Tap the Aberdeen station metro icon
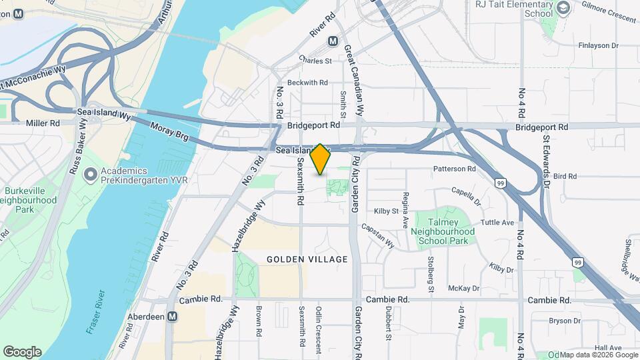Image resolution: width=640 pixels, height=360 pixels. (173, 316)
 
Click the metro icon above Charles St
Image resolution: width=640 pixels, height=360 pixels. (333, 42)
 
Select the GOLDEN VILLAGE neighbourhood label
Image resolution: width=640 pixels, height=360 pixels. (307, 259)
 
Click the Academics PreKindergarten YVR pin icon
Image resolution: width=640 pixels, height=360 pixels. (91, 175)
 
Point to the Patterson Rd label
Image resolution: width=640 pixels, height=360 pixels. (455, 169)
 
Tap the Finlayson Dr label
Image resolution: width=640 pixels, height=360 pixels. (599, 45)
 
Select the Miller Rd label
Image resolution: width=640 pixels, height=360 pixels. (43, 123)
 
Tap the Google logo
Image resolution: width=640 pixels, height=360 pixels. (22, 352)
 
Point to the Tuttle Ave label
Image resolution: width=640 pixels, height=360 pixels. (498, 223)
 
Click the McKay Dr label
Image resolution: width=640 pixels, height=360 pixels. (464, 289)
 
